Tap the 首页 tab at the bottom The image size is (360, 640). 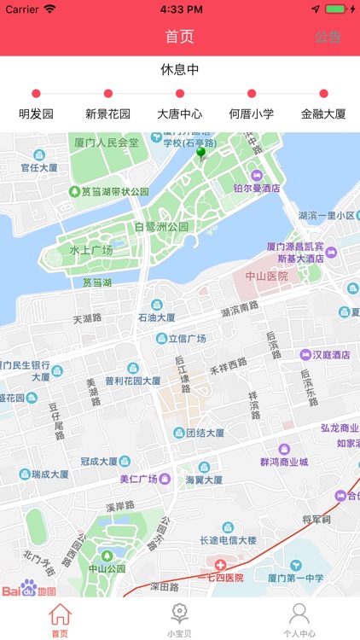(x=60, y=620)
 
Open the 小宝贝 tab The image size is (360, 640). (x=179, y=620)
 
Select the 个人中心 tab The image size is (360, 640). (x=299, y=620)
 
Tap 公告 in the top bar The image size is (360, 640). (x=328, y=37)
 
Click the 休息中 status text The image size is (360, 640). (x=180, y=70)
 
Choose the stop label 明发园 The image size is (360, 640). (x=36, y=113)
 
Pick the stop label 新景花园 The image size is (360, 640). (x=107, y=113)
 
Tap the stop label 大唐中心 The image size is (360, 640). (x=180, y=113)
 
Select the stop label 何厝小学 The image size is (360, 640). (x=252, y=113)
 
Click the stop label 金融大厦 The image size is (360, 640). (x=323, y=113)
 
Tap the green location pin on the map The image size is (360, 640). (x=201, y=153)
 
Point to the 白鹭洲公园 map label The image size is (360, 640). (x=161, y=227)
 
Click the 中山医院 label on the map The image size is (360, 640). (x=267, y=276)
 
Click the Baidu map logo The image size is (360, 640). (x=29, y=590)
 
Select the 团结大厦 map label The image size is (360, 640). (x=205, y=433)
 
